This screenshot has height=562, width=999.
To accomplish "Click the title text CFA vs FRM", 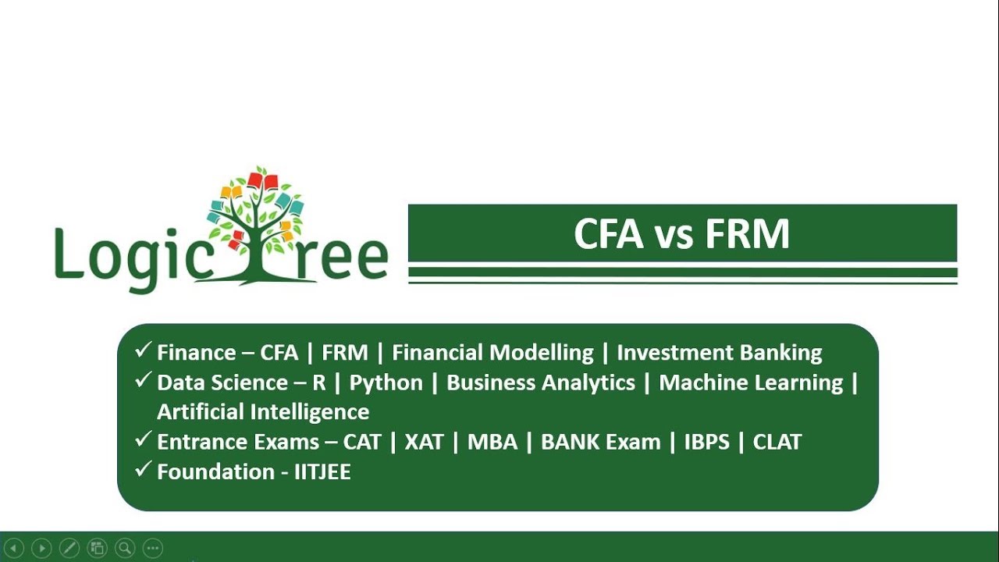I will pyautogui.click(x=681, y=234).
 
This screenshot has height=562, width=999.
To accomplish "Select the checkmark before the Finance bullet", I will pyautogui.click(x=143, y=350).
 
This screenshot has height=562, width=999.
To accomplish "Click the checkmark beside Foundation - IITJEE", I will pyautogui.click(x=143, y=469).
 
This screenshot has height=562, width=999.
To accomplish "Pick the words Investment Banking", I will pyautogui.click(x=719, y=353).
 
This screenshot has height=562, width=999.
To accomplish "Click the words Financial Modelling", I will pyautogui.click(x=492, y=353).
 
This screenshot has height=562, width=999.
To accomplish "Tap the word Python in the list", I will pyautogui.click(x=386, y=382).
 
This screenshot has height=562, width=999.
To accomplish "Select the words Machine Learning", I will pyautogui.click(x=751, y=382).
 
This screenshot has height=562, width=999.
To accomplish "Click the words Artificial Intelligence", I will pyautogui.click(x=263, y=411).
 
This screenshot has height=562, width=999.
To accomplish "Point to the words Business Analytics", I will pyautogui.click(x=540, y=382).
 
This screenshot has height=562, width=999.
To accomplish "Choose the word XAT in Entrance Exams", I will pyautogui.click(x=424, y=442).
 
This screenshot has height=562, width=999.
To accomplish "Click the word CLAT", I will pyautogui.click(x=777, y=442).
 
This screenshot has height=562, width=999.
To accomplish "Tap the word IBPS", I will pyautogui.click(x=706, y=442).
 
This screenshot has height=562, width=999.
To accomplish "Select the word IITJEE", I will pyautogui.click(x=322, y=471).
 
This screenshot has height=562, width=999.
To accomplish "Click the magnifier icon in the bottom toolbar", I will pyautogui.click(x=124, y=548).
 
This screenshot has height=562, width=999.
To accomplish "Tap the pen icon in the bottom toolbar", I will pyautogui.click(x=69, y=548).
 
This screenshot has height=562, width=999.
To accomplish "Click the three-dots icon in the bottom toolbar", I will pyautogui.click(x=152, y=548).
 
